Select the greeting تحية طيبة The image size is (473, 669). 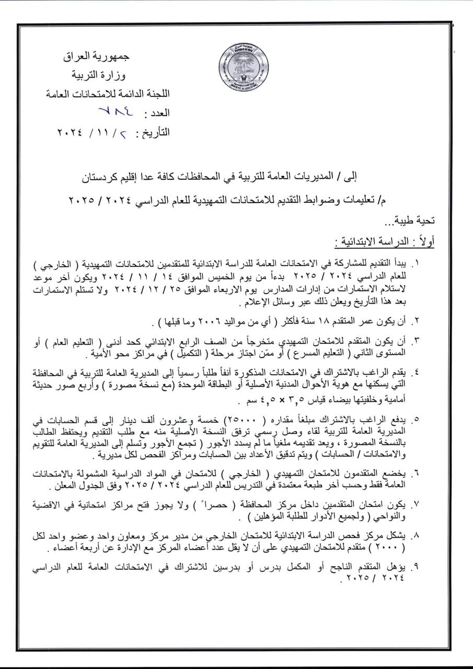(x=416, y=221)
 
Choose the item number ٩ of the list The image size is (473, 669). (x=418, y=567)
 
